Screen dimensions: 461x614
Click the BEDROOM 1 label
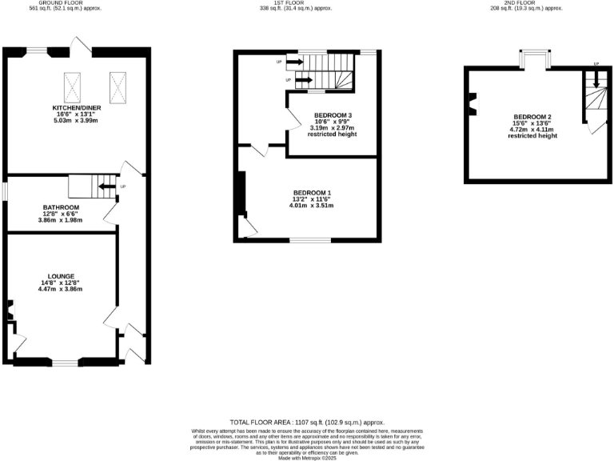tap(312, 193)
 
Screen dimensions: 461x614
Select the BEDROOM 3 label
tap(333, 115)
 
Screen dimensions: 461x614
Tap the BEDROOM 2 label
tap(532, 117)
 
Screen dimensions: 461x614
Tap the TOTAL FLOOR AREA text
tap(307, 422)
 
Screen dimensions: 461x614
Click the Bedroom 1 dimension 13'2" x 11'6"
tap(312, 200)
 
